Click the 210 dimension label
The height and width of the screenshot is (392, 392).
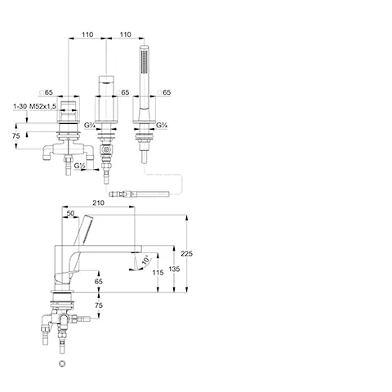98,203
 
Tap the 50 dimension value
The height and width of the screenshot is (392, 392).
70,213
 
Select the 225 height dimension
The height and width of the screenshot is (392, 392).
187,253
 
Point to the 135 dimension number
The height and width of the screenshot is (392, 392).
174,269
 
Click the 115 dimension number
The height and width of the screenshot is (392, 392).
158,272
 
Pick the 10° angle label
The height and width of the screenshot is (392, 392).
146,260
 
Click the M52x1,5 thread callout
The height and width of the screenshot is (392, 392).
42,106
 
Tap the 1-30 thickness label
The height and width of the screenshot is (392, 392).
20,106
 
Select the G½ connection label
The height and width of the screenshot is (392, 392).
79,165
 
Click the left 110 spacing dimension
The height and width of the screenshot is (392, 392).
87,34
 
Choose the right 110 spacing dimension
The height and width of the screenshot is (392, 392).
125,34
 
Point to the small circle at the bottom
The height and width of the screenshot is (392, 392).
62,363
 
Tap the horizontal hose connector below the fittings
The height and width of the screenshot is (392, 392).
139,194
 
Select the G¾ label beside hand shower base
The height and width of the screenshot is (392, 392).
162,125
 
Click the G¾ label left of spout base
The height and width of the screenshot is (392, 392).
89,125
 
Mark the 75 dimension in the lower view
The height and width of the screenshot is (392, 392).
99,305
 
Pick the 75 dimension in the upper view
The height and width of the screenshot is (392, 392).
16,136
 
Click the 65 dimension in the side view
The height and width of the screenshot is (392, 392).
99,281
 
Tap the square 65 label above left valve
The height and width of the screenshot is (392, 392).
46,92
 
